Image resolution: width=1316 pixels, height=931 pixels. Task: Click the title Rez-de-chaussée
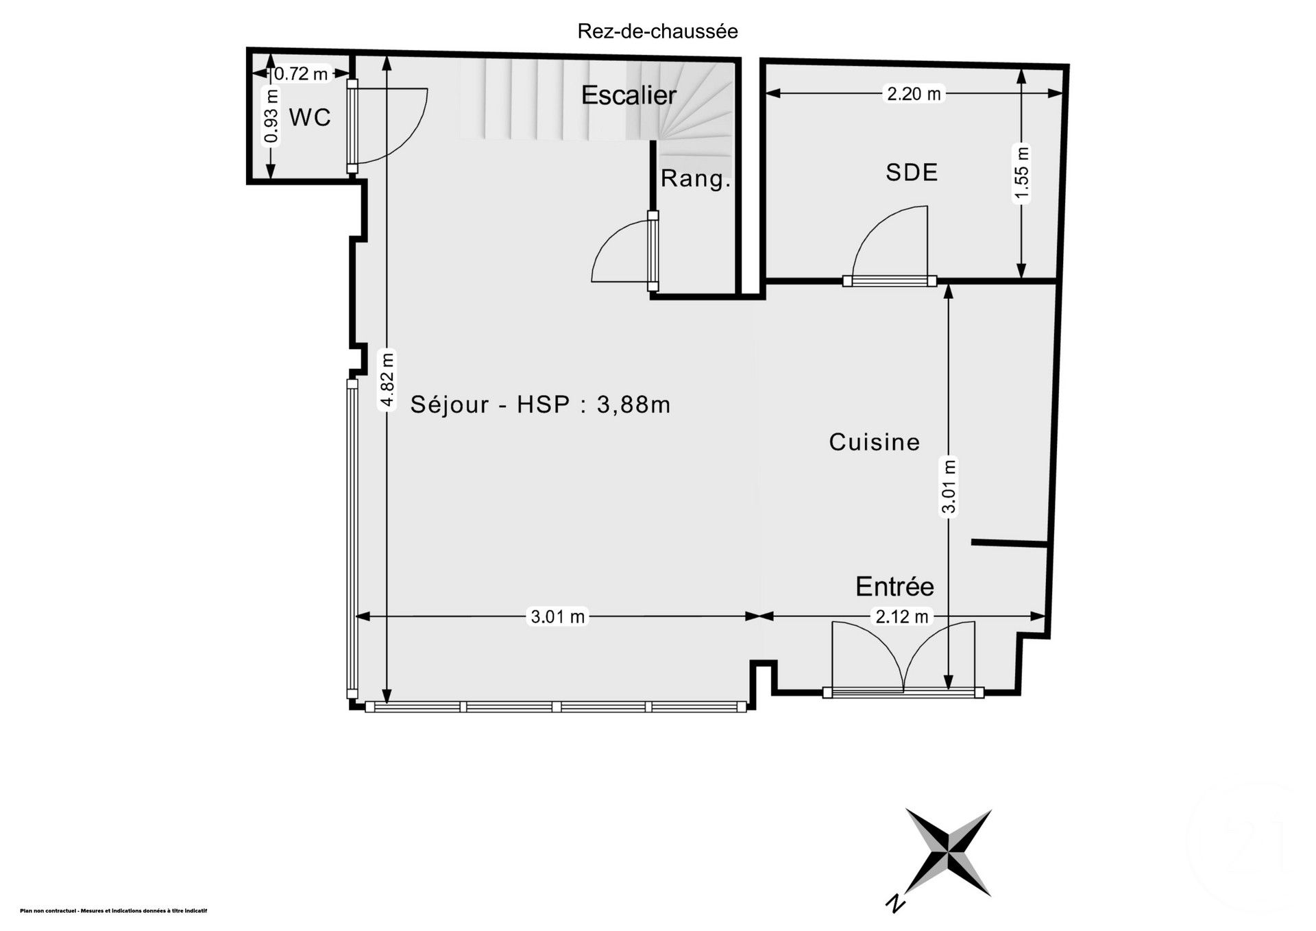click(657, 32)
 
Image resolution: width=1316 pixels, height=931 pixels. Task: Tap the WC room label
click(310, 117)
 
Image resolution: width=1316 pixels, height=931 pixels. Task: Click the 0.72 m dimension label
click(301, 73)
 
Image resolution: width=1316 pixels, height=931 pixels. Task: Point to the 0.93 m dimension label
click(272, 117)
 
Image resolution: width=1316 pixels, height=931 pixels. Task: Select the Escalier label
click(629, 95)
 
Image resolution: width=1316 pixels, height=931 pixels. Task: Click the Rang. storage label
click(695, 179)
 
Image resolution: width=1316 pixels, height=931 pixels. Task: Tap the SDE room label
click(912, 172)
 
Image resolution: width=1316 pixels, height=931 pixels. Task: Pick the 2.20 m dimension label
click(914, 94)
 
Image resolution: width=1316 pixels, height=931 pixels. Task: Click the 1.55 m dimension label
click(1021, 175)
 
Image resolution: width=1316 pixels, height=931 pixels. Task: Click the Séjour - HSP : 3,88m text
click(540, 404)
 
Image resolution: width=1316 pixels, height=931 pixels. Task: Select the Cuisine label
click(874, 442)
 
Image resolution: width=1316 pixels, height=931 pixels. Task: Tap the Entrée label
click(894, 587)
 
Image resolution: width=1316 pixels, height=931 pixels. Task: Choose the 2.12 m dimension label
click(901, 617)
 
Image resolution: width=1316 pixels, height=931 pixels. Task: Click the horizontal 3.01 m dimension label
click(558, 617)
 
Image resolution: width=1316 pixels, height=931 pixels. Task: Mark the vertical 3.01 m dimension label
click(949, 485)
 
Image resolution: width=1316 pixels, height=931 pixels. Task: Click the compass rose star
click(948, 852)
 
